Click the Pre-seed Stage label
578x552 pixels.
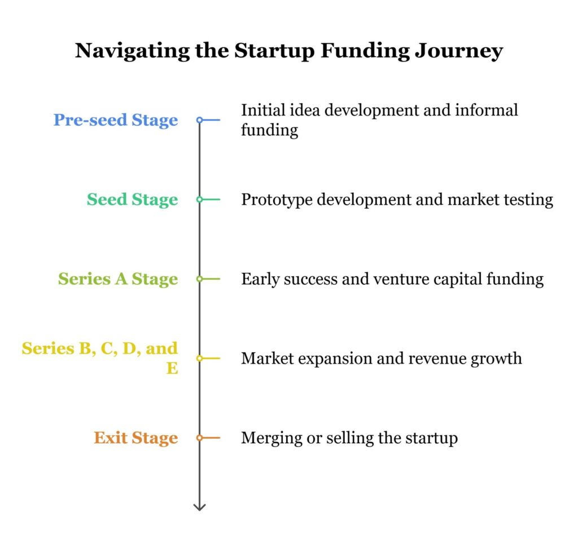coord(116,120)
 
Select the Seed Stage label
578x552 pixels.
coord(132,200)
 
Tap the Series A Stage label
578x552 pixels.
coord(118,279)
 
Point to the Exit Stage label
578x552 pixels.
coord(135,438)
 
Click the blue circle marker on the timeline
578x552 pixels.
coord(199,120)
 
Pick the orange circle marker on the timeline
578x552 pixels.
coord(199,438)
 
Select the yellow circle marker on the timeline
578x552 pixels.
coord(199,358)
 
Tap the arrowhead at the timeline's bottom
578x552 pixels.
coord(199,507)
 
